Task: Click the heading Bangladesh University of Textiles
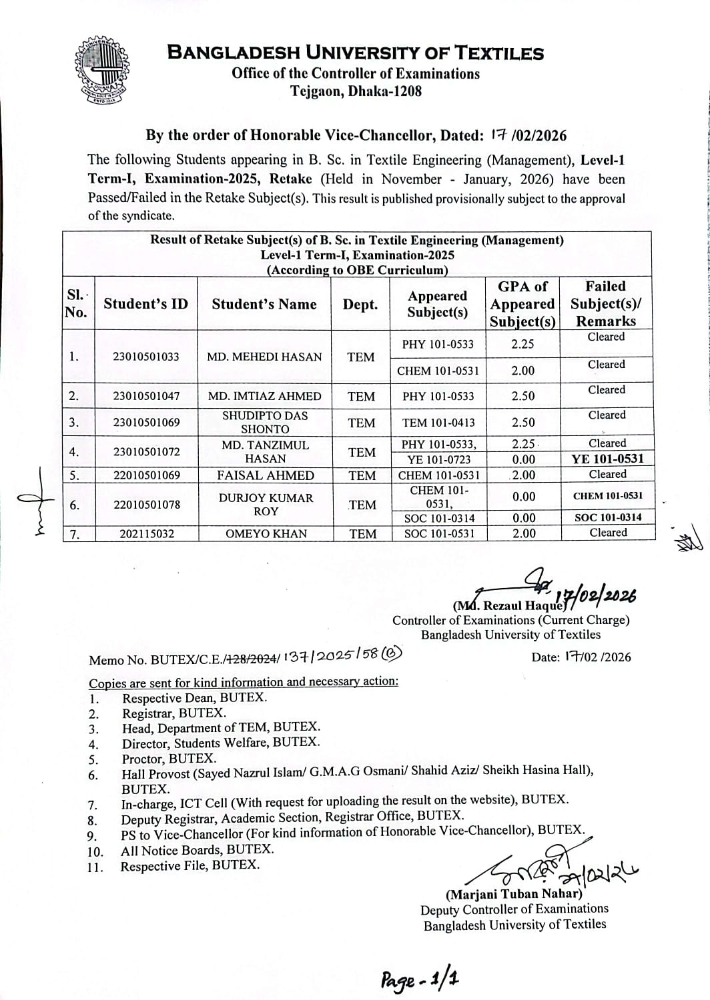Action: pyautogui.click(x=355, y=53)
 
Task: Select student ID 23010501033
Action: pyautogui.click(x=146, y=357)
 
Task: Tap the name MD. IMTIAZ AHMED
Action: pyautogui.click(x=264, y=396)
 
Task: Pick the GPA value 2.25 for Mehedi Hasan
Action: pyautogui.click(x=522, y=344)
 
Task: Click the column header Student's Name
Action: pyautogui.click(x=264, y=304)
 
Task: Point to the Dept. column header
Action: pyautogui.click(x=360, y=305)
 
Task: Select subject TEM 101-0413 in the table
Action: pyautogui.click(x=438, y=423)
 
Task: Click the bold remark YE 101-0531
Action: pyautogui.click(x=607, y=459)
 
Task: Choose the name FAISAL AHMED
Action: pyautogui.click(x=265, y=475)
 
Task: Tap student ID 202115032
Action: pyautogui.click(x=146, y=533)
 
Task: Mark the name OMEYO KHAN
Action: pyautogui.click(x=266, y=533)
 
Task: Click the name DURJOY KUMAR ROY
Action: pyautogui.click(x=265, y=505)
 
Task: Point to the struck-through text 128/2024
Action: pyautogui.click(x=253, y=659)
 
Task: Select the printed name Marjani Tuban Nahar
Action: pyautogui.click(x=514, y=894)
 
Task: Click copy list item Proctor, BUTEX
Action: pyautogui.click(x=169, y=759)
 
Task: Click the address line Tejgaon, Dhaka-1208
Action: pyautogui.click(x=356, y=91)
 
